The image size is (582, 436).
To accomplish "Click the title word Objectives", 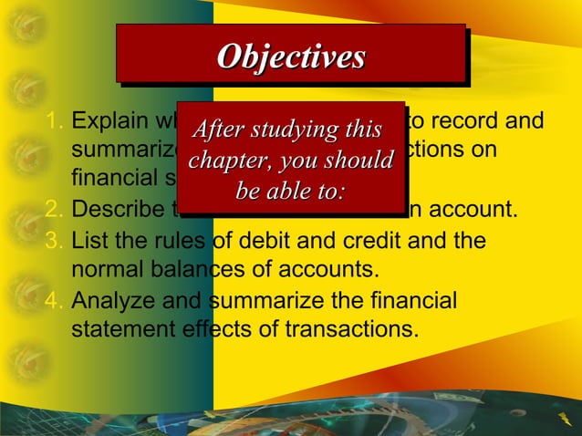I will [290, 57].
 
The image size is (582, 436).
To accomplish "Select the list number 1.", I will [54, 121].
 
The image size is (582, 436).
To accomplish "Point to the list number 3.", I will [54, 243].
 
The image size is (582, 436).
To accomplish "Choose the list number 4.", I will [54, 300].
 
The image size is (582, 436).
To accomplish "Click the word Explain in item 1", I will [103, 121].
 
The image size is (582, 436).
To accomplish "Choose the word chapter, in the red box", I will [227, 161].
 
